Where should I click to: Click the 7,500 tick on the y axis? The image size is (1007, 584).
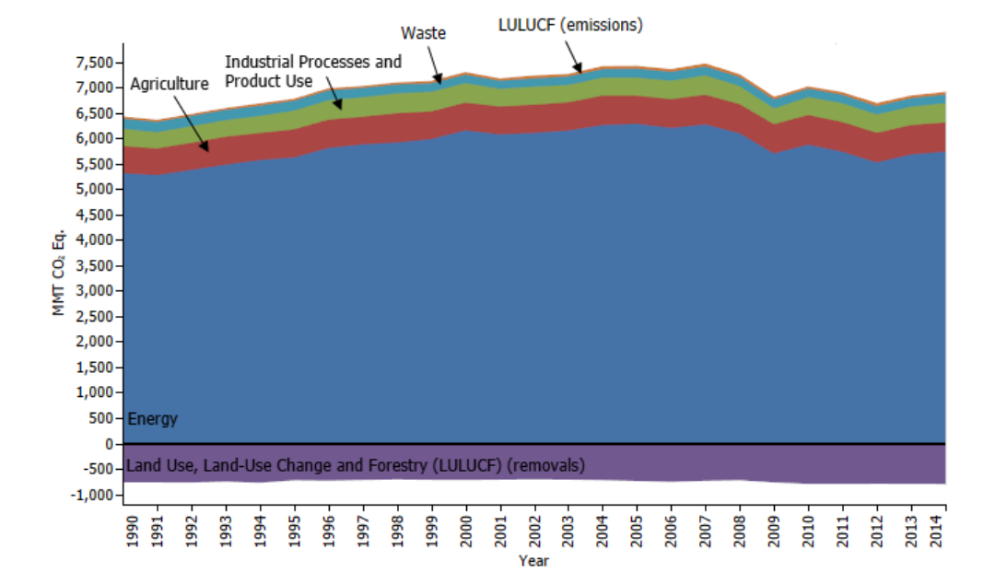pyautogui.click(x=93, y=63)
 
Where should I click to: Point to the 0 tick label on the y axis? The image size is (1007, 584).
pyautogui.click(x=109, y=444)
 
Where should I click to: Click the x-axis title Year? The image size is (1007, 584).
pyautogui.click(x=534, y=559)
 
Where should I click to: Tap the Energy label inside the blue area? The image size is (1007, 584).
pyautogui.click(x=152, y=419)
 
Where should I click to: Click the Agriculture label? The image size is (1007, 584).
pyautogui.click(x=170, y=84)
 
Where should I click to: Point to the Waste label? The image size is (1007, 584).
pyautogui.click(x=424, y=33)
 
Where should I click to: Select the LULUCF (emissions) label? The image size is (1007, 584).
pyautogui.click(x=570, y=25)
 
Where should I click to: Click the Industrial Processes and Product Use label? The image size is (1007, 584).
pyautogui.click(x=313, y=70)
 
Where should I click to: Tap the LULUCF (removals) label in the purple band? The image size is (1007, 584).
pyautogui.click(x=355, y=463)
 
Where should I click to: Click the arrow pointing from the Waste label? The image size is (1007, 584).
pyautogui.click(x=435, y=66)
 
